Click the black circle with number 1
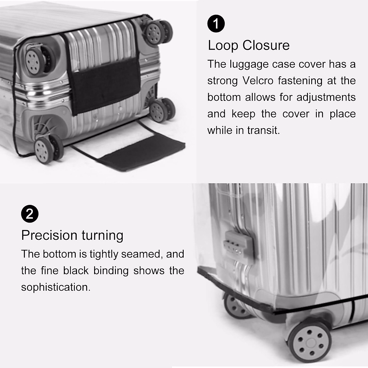click(x=216, y=24)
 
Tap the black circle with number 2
click(x=30, y=213)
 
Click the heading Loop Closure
click(x=249, y=45)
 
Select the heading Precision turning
click(x=72, y=236)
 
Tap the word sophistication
click(x=56, y=287)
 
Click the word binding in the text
click(x=111, y=271)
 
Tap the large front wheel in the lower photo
click(x=310, y=341)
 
